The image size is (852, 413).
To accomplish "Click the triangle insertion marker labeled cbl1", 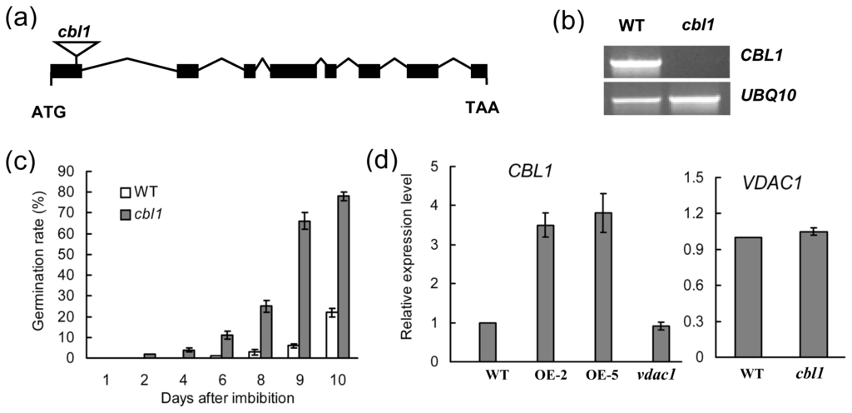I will click(75, 49).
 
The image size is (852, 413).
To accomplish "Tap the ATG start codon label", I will click(48, 110).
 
